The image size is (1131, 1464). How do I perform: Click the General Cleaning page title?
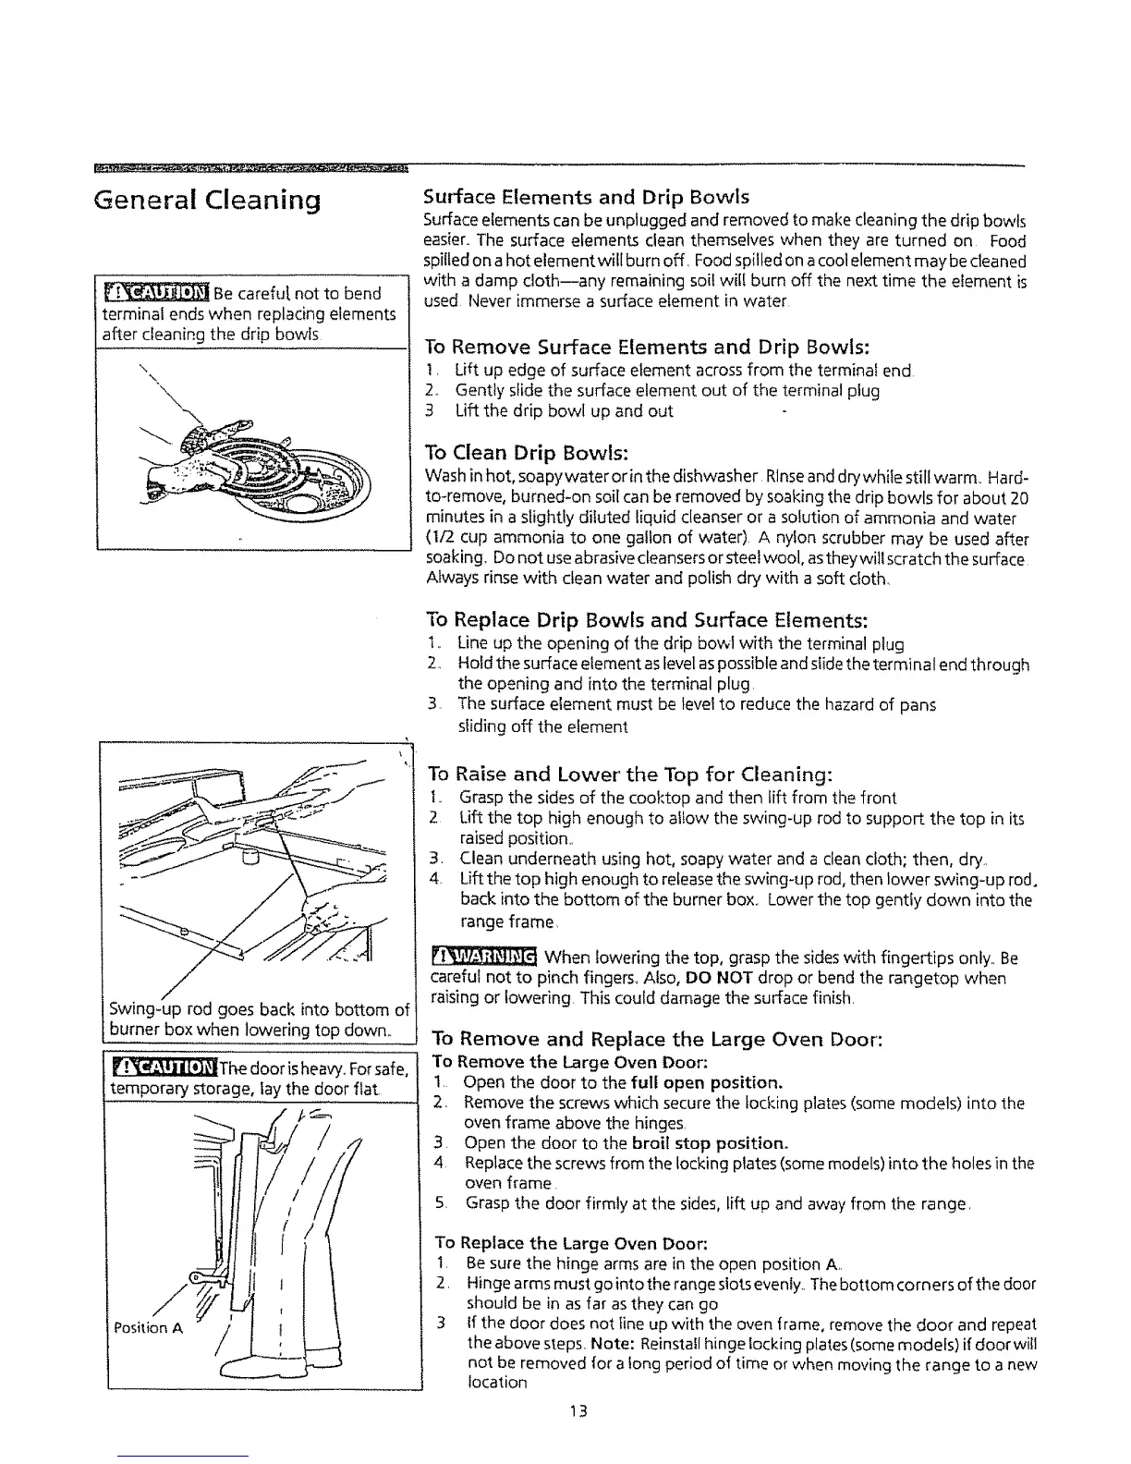pyautogui.click(x=208, y=201)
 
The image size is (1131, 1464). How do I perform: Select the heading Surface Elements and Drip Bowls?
pyautogui.click(x=585, y=197)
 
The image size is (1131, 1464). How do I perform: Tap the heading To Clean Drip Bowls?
pyautogui.click(x=526, y=453)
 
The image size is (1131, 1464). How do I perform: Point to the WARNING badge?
pyautogui.click(x=484, y=957)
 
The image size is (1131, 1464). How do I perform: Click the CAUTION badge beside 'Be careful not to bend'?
pyautogui.click(x=154, y=293)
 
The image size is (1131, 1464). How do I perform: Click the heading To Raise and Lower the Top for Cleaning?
pyautogui.click(x=631, y=774)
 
